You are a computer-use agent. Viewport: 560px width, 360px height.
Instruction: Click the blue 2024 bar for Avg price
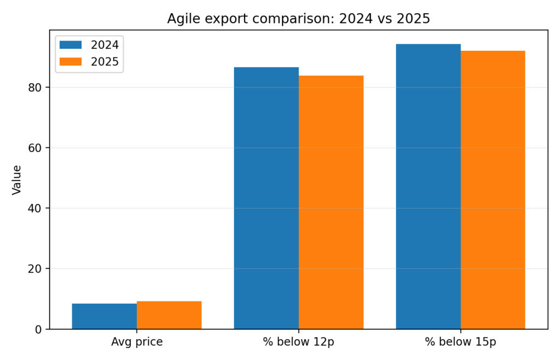click(x=104, y=316)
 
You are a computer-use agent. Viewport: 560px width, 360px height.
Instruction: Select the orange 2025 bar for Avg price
click(x=169, y=315)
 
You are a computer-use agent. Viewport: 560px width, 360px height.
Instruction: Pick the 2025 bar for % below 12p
click(x=331, y=202)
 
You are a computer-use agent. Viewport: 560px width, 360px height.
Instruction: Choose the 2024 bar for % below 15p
click(x=428, y=187)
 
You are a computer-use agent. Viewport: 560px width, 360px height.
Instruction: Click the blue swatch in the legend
click(x=71, y=45)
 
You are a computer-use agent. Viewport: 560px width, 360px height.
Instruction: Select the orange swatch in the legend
click(x=71, y=62)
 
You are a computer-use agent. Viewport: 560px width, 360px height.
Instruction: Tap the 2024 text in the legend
click(x=104, y=45)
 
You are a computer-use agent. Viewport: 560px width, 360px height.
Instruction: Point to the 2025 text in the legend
click(x=104, y=62)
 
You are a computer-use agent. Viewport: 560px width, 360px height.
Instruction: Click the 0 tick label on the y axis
click(x=38, y=329)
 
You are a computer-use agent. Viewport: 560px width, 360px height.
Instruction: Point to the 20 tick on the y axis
click(x=35, y=269)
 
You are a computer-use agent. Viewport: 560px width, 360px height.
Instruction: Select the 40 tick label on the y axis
click(x=35, y=208)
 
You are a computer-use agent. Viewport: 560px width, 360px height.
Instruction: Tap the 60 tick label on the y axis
click(x=35, y=148)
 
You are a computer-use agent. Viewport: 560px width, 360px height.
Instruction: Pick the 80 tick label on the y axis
click(x=35, y=88)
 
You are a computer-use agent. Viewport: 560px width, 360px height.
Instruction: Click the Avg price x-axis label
click(x=137, y=342)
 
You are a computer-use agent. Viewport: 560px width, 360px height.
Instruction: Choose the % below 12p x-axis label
click(x=299, y=342)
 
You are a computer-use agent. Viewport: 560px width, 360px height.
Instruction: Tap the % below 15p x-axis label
click(x=460, y=342)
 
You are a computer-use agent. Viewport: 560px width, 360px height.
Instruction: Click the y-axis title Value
click(x=17, y=179)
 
